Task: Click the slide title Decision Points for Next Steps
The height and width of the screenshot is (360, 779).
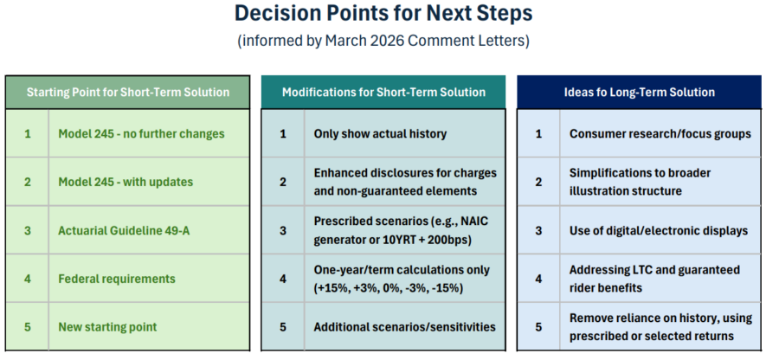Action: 383,13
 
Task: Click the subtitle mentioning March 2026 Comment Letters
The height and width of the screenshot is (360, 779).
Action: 383,40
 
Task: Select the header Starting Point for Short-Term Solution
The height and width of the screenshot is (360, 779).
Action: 128,93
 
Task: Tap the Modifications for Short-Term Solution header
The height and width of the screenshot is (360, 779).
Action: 383,93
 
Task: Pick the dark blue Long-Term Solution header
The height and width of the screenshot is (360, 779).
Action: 640,93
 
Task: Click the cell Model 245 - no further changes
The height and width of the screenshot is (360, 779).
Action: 141,133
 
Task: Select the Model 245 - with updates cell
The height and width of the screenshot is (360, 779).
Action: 126,182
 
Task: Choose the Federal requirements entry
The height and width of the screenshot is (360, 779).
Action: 117,279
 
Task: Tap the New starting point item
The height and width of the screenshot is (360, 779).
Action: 107,327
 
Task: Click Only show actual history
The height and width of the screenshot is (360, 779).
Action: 380,133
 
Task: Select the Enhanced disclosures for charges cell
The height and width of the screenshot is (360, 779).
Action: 405,182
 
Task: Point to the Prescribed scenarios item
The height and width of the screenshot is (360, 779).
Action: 401,230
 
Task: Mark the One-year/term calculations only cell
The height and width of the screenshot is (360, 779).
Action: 402,279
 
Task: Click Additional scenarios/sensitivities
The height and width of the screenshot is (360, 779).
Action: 404,327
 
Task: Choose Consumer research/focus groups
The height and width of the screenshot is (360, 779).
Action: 660,133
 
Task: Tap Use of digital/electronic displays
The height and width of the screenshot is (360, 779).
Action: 659,230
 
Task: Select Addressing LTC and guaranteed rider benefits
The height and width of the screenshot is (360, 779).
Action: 655,279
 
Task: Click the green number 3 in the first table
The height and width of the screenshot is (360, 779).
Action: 28,230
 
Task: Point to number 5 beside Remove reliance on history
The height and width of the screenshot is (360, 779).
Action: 538,327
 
